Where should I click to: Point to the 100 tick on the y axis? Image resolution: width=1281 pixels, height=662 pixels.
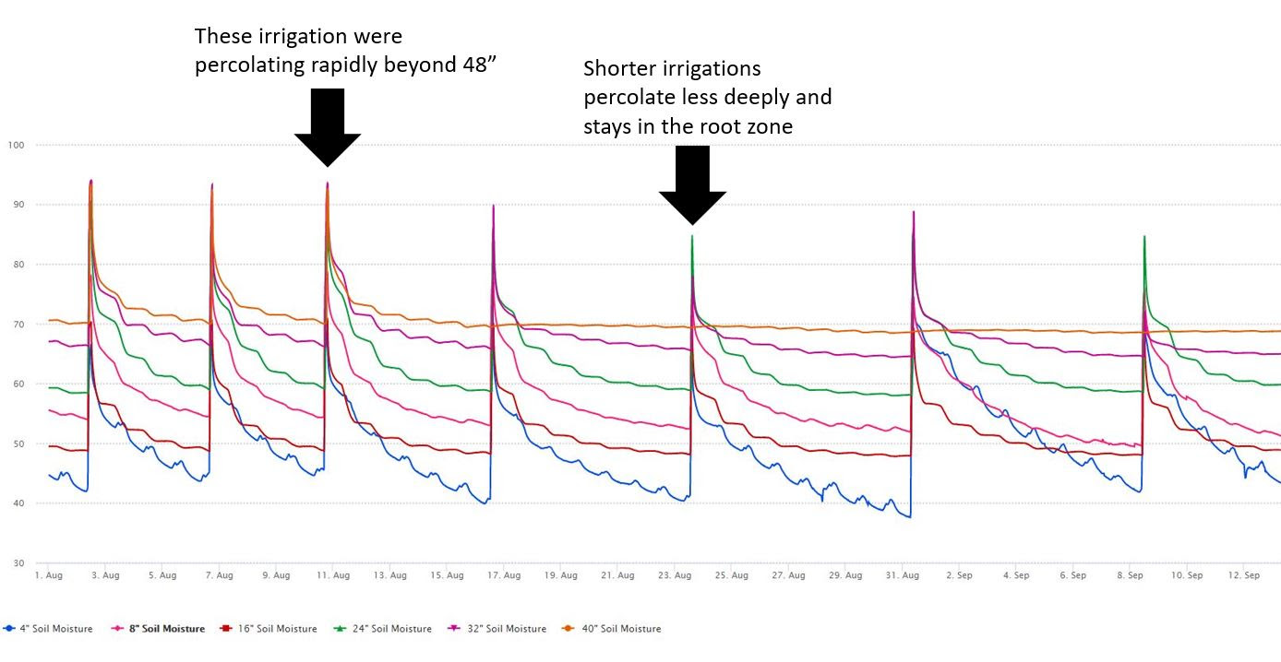pos(17,146)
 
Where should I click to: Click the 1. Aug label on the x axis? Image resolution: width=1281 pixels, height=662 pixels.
pos(48,576)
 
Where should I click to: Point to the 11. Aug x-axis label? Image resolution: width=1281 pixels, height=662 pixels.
pos(333,576)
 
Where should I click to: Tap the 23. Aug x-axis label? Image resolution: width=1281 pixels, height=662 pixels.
pos(676,576)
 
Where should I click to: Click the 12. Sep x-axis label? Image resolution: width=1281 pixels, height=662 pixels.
pos(1244,576)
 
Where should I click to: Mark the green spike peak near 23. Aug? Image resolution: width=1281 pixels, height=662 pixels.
pos(692,237)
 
